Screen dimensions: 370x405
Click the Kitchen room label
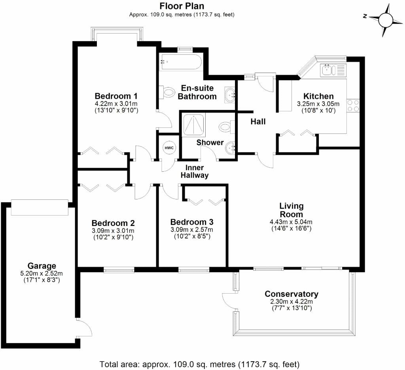point(318,96)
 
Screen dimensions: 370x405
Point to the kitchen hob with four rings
point(353,105)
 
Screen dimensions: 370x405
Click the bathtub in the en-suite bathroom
point(180,63)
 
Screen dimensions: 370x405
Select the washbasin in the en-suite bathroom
point(230,94)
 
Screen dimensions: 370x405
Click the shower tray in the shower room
point(193,125)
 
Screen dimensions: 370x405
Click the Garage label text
point(42,266)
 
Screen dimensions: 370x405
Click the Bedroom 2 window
point(117,270)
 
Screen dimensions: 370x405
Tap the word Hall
point(258,121)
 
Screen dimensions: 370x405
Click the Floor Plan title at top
point(182,6)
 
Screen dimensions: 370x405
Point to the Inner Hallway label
point(195,171)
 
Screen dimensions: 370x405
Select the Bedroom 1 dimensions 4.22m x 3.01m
point(116,104)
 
